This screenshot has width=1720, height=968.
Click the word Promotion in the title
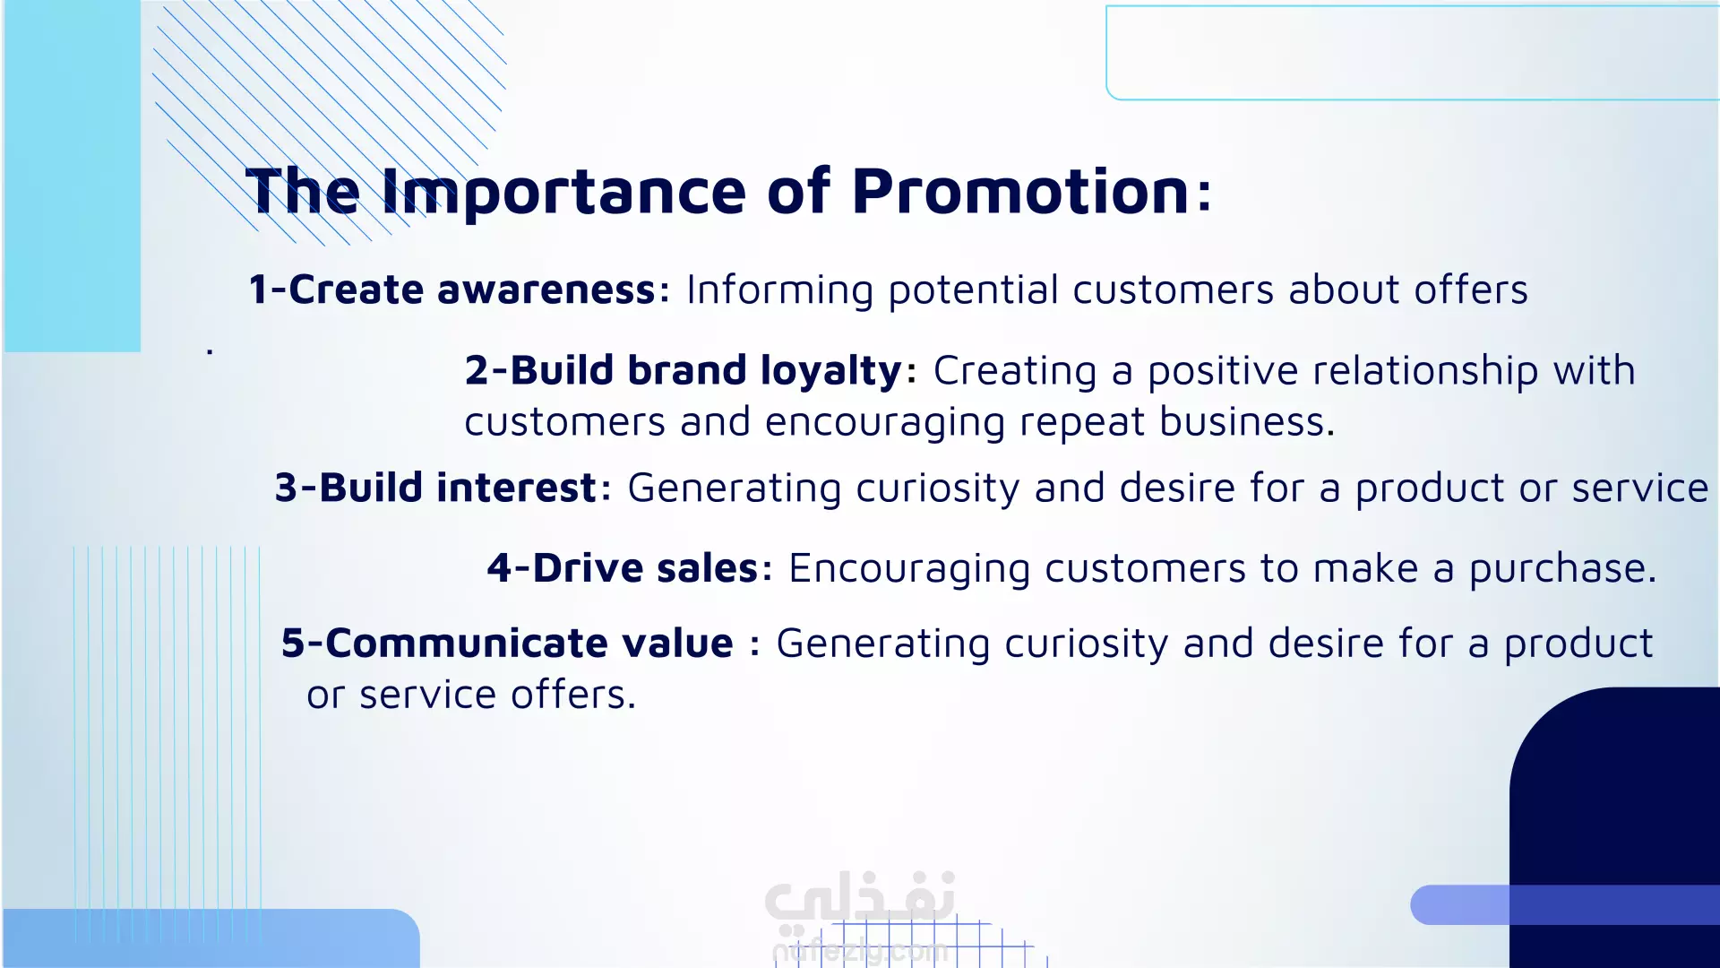(x=1020, y=191)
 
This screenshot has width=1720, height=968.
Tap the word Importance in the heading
(x=563, y=192)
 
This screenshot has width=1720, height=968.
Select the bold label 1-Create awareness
(x=452, y=290)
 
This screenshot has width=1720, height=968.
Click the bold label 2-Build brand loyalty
(x=684, y=371)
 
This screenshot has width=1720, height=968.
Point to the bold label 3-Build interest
(x=436, y=488)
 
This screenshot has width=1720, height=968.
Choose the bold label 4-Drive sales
(x=623, y=568)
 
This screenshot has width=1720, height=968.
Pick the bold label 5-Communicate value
(x=507, y=644)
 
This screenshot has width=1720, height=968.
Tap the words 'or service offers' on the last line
(x=471, y=695)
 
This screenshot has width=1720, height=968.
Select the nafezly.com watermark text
(x=860, y=951)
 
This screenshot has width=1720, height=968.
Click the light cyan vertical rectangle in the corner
(x=72, y=176)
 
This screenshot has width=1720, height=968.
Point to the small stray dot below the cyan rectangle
(x=210, y=351)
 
